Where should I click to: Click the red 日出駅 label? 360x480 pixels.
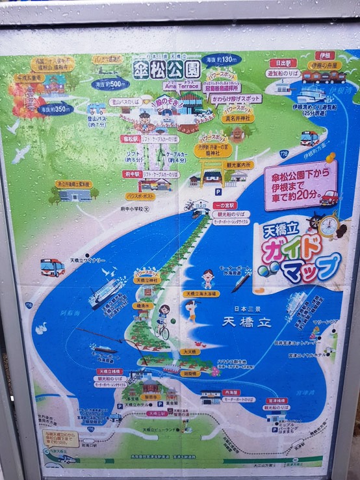283,63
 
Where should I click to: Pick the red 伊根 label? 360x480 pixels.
326,56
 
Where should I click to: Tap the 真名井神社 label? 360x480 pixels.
238,119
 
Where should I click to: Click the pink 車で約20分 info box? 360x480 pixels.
300,184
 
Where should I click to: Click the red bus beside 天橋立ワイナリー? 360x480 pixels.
52,267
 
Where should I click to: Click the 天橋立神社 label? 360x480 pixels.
146,280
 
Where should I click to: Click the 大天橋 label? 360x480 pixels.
191,351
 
